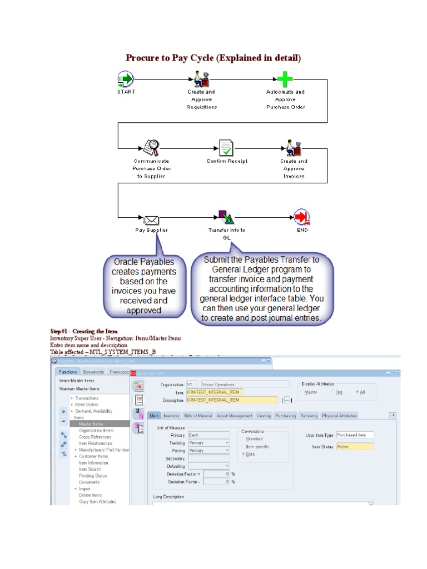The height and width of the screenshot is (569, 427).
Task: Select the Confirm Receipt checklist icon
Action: click(226, 148)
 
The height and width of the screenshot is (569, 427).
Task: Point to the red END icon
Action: click(302, 217)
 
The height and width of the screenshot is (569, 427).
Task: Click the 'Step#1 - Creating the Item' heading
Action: click(84, 332)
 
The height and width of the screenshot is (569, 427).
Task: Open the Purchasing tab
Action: click(285, 415)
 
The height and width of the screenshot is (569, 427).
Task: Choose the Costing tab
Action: click(264, 415)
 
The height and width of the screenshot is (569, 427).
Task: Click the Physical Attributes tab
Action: click(340, 415)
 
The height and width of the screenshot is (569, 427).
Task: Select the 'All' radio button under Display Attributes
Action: click(358, 392)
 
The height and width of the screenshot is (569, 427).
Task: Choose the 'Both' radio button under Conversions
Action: click(244, 454)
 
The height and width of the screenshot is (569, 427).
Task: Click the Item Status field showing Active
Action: click(355, 446)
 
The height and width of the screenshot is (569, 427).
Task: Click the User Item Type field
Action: click(355, 435)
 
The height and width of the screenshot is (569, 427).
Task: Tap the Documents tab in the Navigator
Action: click(93, 372)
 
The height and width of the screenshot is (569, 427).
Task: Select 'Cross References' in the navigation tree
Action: click(95, 437)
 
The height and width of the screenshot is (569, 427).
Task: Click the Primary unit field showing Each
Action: click(208, 435)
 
